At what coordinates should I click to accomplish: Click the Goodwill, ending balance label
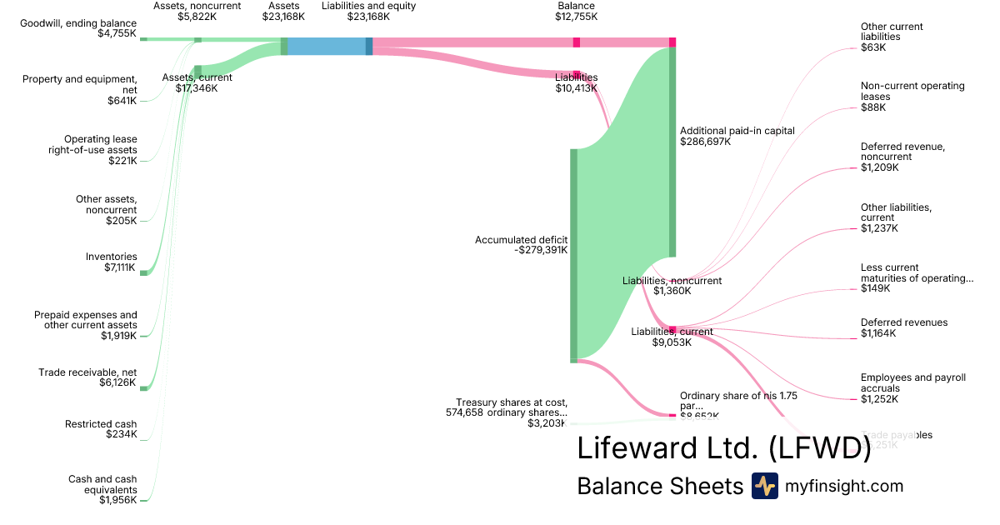click(x=78, y=22)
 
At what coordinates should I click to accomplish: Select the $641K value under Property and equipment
click(x=122, y=101)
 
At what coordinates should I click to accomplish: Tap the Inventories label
click(x=112, y=257)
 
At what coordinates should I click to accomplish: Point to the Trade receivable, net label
click(x=87, y=372)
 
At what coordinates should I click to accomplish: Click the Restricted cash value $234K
click(x=121, y=434)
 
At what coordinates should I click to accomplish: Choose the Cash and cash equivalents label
click(x=102, y=484)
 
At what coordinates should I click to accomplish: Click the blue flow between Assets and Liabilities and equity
click(x=327, y=47)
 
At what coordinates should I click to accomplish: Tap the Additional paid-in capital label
click(x=737, y=131)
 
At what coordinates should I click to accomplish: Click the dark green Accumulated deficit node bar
click(x=573, y=255)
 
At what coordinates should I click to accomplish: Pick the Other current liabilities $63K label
click(x=892, y=37)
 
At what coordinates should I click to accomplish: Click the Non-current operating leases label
click(x=912, y=91)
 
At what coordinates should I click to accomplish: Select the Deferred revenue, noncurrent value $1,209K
click(x=880, y=167)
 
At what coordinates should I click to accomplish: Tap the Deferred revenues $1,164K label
click(x=903, y=327)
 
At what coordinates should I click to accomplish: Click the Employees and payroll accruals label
click(x=912, y=382)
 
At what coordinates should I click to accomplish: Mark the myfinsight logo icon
click(x=764, y=486)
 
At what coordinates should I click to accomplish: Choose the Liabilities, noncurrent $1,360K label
click(x=672, y=286)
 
